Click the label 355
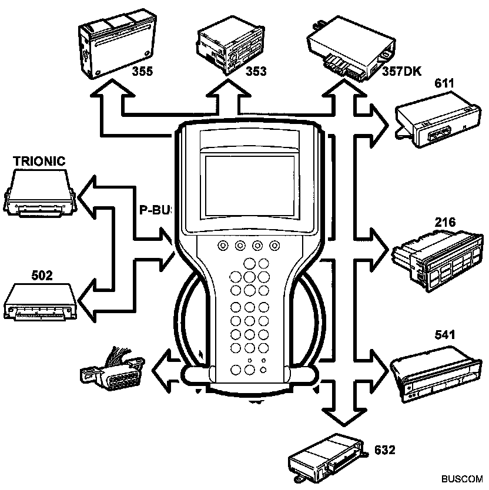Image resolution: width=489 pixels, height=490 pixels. [143, 72]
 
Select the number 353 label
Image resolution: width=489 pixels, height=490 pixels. [256, 72]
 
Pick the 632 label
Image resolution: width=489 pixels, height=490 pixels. [384, 450]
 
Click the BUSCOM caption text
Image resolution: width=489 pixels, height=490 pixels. [465, 479]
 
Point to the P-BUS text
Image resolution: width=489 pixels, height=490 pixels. [154, 210]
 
